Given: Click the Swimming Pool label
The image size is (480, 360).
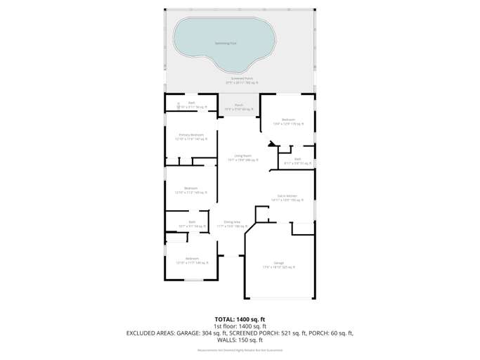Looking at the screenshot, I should pos(225,44).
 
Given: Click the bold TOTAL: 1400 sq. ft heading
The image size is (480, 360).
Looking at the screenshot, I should pos(240,319).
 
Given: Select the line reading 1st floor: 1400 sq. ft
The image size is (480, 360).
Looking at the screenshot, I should pos(240,326).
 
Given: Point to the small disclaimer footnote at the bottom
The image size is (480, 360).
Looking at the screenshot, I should pos(240,349).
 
